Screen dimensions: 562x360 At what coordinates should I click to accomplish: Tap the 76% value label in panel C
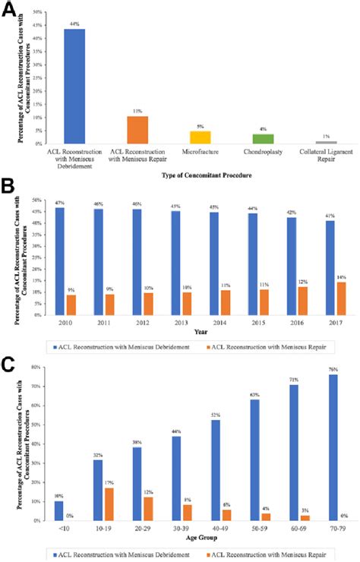coord(312,370)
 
